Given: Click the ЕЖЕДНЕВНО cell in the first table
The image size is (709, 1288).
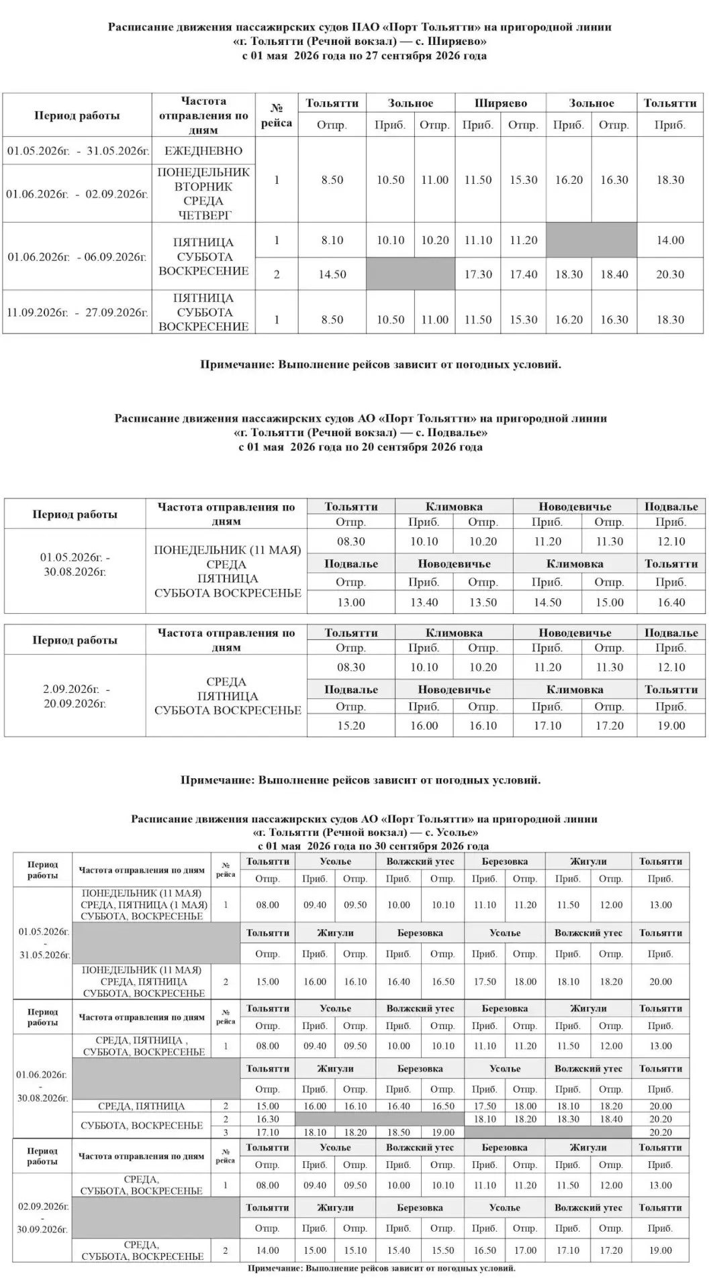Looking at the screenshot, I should point(203,151).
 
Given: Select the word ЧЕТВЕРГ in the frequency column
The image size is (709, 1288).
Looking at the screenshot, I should point(204,215).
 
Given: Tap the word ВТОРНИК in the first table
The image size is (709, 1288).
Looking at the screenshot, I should point(203,186).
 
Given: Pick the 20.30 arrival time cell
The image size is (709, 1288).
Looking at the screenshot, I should point(669,274).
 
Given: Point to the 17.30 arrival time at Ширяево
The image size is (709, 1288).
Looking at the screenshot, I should point(477,274).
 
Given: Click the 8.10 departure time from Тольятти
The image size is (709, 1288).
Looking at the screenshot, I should point(332,240).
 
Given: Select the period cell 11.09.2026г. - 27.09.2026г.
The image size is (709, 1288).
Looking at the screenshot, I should point(77,312).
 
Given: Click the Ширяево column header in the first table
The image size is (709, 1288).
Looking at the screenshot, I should point(500,103).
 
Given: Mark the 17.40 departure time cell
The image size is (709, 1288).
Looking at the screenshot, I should point(523,274).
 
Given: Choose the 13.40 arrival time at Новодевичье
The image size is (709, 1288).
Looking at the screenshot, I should point(424,602).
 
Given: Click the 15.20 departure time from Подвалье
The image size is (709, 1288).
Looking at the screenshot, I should point(350,725).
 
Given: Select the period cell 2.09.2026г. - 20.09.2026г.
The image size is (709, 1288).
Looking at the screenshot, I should point(75,696).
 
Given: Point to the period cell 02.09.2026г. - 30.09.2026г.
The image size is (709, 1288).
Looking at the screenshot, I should point(43,1218).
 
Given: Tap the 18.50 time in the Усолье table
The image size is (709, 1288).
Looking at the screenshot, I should point(398,1132).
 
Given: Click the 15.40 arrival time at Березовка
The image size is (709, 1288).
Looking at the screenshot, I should point(398,1250).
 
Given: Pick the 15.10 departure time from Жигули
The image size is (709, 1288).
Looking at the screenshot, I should point(355,1250).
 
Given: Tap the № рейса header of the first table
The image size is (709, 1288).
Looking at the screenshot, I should point(276,115).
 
